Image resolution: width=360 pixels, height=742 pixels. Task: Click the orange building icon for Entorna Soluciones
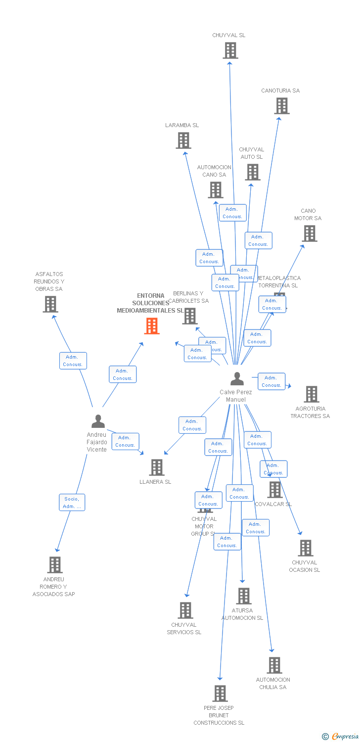[152, 326]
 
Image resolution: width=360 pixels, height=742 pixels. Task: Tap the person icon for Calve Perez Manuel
[237, 379]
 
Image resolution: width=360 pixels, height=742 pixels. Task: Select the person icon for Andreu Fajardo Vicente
[98, 421]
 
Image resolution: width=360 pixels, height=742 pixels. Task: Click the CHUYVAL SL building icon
[230, 50]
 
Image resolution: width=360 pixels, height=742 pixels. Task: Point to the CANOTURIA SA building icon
[281, 106]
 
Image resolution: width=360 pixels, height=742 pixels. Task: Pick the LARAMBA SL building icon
[183, 140]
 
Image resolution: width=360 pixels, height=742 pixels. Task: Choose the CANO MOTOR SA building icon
[309, 233]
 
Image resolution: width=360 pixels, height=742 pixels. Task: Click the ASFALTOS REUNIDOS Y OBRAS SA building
[50, 304]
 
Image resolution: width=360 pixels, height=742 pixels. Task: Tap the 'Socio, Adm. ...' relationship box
[72, 503]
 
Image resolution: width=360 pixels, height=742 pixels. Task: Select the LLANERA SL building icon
[157, 467]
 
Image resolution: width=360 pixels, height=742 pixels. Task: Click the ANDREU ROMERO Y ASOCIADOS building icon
[55, 564]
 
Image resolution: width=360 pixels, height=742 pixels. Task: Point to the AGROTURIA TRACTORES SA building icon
[311, 394]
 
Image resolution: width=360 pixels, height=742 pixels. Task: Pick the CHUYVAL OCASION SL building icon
[306, 548]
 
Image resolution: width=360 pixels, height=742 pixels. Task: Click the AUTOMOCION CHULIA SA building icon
[274, 665]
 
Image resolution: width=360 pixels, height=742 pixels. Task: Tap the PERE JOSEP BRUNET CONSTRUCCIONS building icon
[220, 694]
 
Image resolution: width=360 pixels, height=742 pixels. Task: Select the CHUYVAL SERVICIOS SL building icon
[185, 610]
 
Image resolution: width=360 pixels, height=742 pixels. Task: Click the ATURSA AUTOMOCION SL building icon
[243, 596]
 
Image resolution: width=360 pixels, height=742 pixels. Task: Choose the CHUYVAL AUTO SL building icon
[253, 172]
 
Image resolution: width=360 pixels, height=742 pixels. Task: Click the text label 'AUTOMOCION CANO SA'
[214, 171]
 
